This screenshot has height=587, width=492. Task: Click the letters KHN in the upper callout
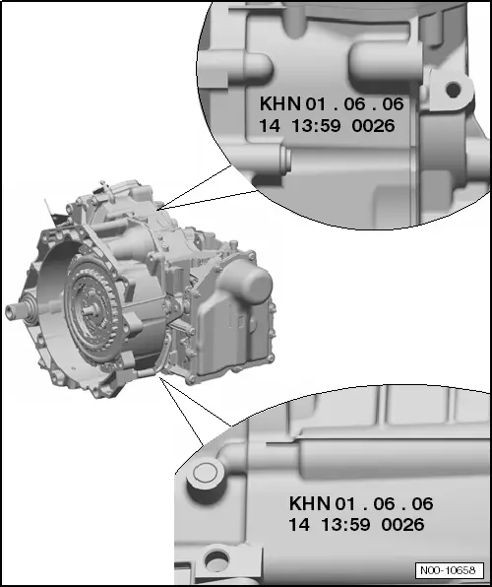[280, 103]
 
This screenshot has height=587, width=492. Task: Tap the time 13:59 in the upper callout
[316, 125]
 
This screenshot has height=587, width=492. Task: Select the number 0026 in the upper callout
[373, 125]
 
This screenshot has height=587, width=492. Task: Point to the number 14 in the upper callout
[270, 125]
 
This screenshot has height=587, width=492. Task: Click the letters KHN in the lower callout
[310, 503]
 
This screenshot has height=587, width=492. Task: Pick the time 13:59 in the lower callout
[345, 525]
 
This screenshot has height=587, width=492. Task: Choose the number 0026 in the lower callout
[403, 525]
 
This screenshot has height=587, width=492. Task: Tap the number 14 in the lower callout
[299, 525]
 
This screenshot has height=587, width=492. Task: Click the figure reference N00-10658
[449, 570]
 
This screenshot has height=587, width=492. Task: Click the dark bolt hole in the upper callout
[454, 90]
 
